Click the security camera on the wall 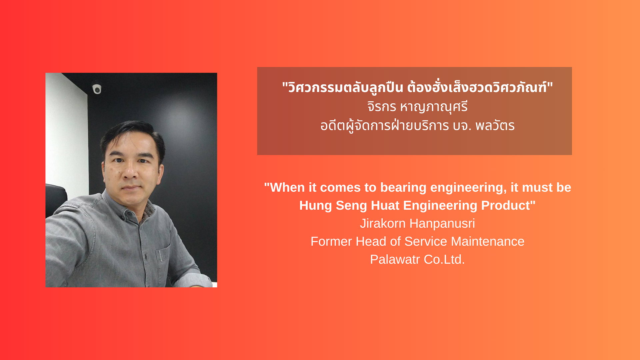pyautogui.click(x=97, y=89)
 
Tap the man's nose pyautogui.click(x=131, y=172)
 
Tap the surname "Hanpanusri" pyautogui.click(x=442, y=223)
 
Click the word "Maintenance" pyautogui.click(x=488, y=241)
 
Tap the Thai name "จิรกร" pyautogui.click(x=382, y=107)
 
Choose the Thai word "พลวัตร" pyautogui.click(x=495, y=126)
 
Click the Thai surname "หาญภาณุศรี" pyautogui.click(x=434, y=107)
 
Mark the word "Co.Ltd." pyautogui.click(x=444, y=259)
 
